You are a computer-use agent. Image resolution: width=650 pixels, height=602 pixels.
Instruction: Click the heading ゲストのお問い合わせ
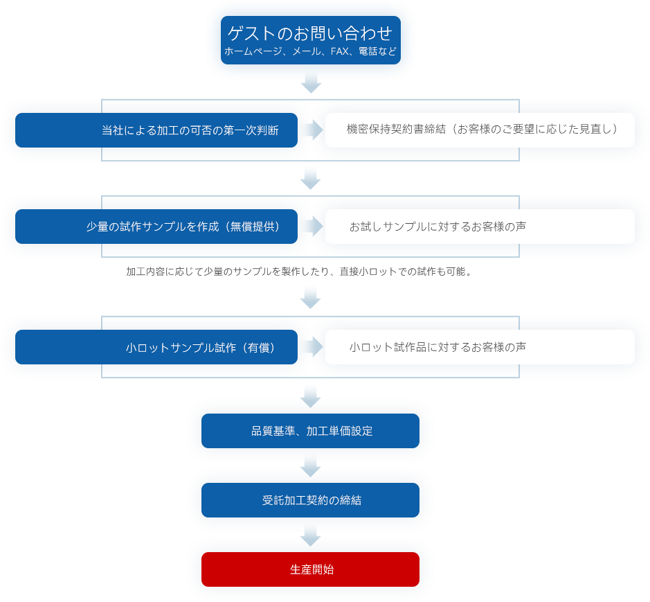click(310, 33)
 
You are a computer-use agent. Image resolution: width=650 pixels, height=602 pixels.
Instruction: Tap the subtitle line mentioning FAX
click(310, 51)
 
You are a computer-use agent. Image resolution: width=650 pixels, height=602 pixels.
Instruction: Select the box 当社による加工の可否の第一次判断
click(156, 130)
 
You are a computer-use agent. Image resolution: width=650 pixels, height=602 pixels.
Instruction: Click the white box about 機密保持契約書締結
click(480, 130)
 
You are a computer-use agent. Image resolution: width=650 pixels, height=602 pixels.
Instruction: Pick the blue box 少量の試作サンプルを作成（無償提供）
click(156, 227)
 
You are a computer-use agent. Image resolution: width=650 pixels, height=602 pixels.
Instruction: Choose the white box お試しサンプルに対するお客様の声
click(480, 227)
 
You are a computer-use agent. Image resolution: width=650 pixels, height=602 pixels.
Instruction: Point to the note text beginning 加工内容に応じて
click(300, 272)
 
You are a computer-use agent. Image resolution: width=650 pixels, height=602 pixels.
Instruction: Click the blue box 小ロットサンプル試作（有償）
click(156, 347)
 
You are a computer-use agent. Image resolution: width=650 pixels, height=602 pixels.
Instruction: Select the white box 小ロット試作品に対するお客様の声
click(480, 347)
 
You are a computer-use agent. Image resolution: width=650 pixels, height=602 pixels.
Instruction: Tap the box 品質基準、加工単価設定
click(310, 431)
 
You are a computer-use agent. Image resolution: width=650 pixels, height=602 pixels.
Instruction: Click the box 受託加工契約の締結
click(310, 500)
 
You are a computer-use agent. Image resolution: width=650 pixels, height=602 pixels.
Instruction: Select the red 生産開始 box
click(310, 569)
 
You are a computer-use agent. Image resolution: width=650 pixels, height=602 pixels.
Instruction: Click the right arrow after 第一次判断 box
click(312, 130)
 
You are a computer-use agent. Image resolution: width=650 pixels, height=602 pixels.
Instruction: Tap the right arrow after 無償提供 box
click(312, 226)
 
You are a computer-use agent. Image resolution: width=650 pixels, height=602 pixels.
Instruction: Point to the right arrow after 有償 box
click(312, 346)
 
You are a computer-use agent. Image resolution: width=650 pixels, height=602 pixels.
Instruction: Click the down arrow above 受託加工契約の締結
click(310, 466)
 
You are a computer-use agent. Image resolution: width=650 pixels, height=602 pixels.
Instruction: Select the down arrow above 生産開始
click(310, 535)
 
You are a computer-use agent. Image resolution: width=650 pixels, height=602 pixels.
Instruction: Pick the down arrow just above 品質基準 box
click(310, 396)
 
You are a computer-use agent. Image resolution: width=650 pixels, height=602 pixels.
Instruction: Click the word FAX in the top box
click(336, 51)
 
